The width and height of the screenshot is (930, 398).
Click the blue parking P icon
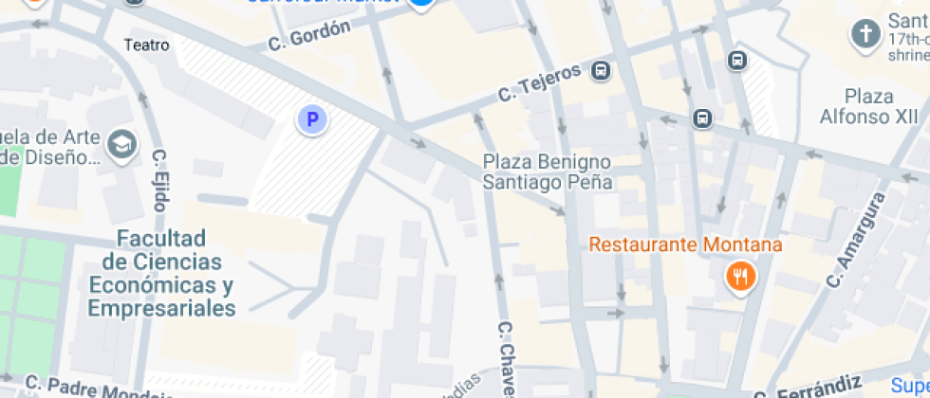(x=310, y=120)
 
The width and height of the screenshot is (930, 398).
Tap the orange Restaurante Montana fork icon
(x=739, y=277)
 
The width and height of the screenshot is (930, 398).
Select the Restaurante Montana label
(x=685, y=245)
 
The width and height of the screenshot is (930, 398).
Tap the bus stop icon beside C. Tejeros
(x=601, y=70)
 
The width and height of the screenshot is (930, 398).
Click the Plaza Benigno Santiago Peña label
(x=548, y=172)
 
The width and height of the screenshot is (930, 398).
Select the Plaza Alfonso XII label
(x=856, y=105)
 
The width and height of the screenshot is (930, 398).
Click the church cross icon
(x=865, y=35)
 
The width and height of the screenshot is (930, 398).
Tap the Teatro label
(x=147, y=45)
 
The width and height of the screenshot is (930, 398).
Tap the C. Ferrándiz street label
(x=807, y=387)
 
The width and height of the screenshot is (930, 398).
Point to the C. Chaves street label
(x=507, y=360)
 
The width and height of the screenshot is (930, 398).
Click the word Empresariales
(x=161, y=309)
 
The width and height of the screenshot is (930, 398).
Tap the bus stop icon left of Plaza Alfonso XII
(x=701, y=118)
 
